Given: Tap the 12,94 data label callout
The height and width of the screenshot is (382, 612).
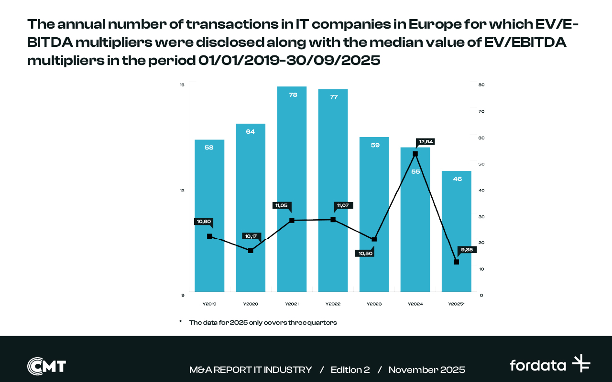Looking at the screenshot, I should [426, 142].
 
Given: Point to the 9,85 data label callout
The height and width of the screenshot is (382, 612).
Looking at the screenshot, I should [467, 250].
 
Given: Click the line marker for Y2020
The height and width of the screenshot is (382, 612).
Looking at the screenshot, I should [251, 250].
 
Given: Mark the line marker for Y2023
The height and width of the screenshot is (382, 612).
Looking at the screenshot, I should [374, 239].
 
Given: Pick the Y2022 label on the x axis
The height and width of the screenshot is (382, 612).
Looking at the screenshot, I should [333, 304].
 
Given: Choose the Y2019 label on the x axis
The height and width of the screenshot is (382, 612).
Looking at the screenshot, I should [209, 304].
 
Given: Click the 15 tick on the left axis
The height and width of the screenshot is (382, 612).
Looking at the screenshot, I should [182, 85].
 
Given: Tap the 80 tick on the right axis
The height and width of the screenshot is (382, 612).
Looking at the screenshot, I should [481, 85].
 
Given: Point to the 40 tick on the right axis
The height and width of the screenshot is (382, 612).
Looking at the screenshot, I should [481, 190].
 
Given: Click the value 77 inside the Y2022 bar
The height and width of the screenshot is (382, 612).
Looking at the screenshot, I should [334, 97].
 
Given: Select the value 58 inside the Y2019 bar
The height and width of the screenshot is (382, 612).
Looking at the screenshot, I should [209, 148].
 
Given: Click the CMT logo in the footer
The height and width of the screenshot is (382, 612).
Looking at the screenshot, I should [46, 366].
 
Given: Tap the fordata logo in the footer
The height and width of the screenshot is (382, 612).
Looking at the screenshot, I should [550, 365].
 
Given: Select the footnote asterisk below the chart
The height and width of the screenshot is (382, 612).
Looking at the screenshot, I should [181, 322].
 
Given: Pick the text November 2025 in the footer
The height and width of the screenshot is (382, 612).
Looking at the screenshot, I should [426, 370].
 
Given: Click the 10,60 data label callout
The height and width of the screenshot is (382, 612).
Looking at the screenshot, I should [204, 222].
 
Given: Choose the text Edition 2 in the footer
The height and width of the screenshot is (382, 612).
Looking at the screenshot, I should [350, 370].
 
